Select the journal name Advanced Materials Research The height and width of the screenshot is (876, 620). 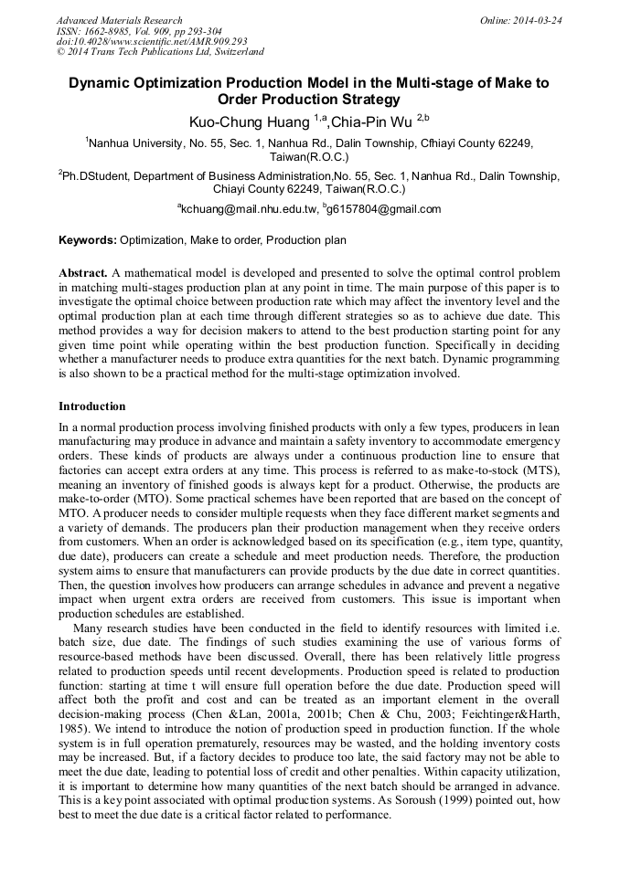[120, 20]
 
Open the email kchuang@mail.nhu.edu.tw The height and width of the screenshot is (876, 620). [247, 209]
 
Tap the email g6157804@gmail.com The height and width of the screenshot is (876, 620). [383, 209]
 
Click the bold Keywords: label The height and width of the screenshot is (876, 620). [88, 240]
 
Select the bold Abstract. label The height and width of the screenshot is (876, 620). [83, 273]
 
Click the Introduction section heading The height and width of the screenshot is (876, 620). [92, 406]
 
